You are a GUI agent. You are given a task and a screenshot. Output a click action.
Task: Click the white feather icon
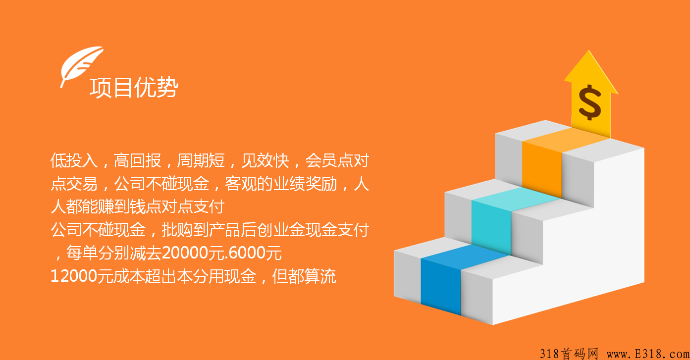(81, 65)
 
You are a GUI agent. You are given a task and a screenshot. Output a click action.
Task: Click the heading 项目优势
(134, 88)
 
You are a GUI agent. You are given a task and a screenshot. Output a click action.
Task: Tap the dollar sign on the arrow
(589, 103)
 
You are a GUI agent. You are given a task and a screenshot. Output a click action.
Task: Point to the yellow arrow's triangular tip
(589, 51)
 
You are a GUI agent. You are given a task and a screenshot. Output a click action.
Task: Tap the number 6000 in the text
(247, 253)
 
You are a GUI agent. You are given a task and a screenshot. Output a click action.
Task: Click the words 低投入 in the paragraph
(74, 160)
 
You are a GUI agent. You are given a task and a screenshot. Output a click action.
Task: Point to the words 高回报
(137, 160)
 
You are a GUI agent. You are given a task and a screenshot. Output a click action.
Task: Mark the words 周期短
(201, 160)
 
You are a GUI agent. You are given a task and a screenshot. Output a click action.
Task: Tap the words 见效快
(265, 160)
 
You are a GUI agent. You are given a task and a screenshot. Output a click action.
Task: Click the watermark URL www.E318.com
(648, 354)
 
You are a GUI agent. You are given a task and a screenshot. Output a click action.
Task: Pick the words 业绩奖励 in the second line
(305, 184)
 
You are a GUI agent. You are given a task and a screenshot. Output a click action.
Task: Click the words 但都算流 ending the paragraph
(304, 276)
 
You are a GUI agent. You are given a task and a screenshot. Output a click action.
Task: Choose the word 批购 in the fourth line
(177, 230)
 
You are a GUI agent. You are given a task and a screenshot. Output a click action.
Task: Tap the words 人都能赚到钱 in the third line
(98, 207)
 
